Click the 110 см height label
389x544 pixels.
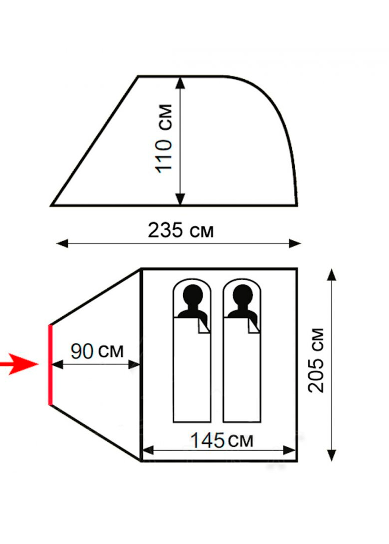tap(163, 138)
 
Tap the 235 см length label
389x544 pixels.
tap(180, 230)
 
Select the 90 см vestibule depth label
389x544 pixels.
tap(97, 351)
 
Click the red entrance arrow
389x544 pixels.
tap(19, 364)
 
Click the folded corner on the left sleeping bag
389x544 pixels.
tap(204, 326)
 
